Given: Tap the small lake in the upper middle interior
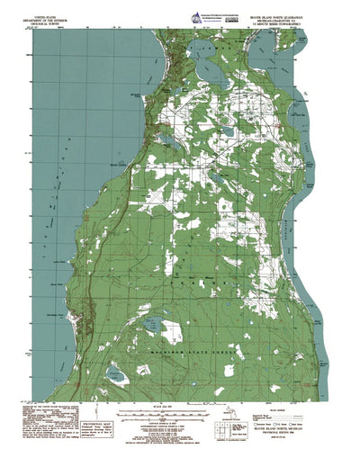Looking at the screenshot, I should tap(227, 133).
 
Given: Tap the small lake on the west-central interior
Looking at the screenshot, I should tap(166, 140).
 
